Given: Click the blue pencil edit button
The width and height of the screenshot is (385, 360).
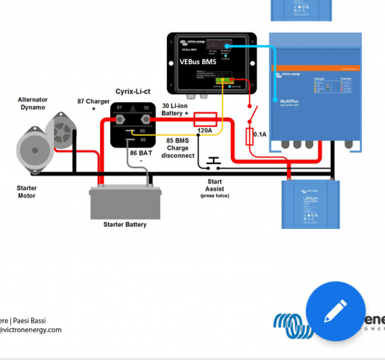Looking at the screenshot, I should coord(335,312).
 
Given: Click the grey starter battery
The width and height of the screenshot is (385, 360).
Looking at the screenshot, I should coord(124,202).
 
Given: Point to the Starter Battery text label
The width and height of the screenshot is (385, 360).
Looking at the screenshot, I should coord(124,225).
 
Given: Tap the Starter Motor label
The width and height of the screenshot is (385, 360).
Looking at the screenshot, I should coord(27,191).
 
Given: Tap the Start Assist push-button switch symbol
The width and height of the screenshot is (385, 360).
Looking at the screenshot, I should coord(212,161).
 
